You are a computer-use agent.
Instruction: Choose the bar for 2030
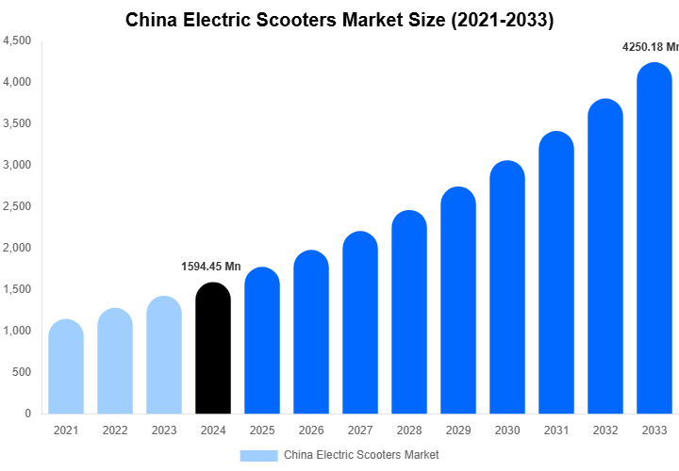pyautogui.click(x=507, y=287)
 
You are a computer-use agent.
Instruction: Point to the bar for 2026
pyautogui.click(x=311, y=333)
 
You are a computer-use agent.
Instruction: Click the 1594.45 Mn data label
pyautogui.click(x=211, y=267)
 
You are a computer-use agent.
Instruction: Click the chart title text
pyautogui.click(x=339, y=20)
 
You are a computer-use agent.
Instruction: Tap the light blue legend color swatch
pyautogui.click(x=258, y=455)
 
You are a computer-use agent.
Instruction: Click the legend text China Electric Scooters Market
pyautogui.click(x=361, y=455)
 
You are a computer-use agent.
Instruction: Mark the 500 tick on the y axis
pyautogui.click(x=23, y=372)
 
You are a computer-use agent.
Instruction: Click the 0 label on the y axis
pyautogui.click(x=28, y=414)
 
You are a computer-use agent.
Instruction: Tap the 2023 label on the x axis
pyautogui.click(x=164, y=430)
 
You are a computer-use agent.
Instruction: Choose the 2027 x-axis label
pyautogui.click(x=360, y=430)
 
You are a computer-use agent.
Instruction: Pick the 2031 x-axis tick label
pyautogui.click(x=556, y=430)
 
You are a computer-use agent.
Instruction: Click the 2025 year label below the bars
pyautogui.click(x=262, y=430)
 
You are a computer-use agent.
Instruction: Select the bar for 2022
pyautogui.click(x=115, y=362)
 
